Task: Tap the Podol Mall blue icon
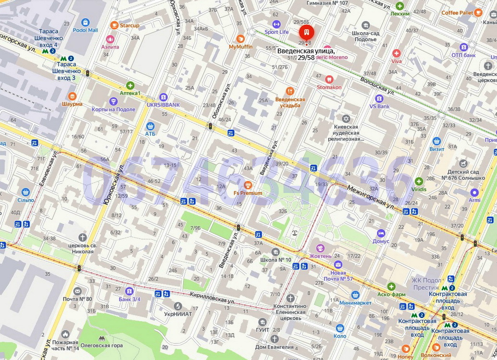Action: [x=85, y=22]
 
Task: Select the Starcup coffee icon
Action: [x=114, y=25]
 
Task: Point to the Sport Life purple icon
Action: [x=276, y=24]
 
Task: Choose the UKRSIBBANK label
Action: [x=163, y=104]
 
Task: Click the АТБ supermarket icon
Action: [x=151, y=126]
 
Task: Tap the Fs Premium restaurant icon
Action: [x=248, y=185]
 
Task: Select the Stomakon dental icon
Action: [x=329, y=79]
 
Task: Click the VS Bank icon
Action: [x=379, y=98]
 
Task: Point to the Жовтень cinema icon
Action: [x=320, y=248]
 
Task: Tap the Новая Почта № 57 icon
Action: [x=338, y=264]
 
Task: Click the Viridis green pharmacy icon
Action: [x=419, y=181]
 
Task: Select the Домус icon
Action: [x=381, y=233]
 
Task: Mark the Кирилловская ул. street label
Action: [x=212, y=298]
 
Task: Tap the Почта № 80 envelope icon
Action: [x=77, y=291]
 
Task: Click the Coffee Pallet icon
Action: [x=478, y=13]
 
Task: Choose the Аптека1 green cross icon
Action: [x=130, y=85]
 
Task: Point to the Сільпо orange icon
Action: [x=25, y=192]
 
